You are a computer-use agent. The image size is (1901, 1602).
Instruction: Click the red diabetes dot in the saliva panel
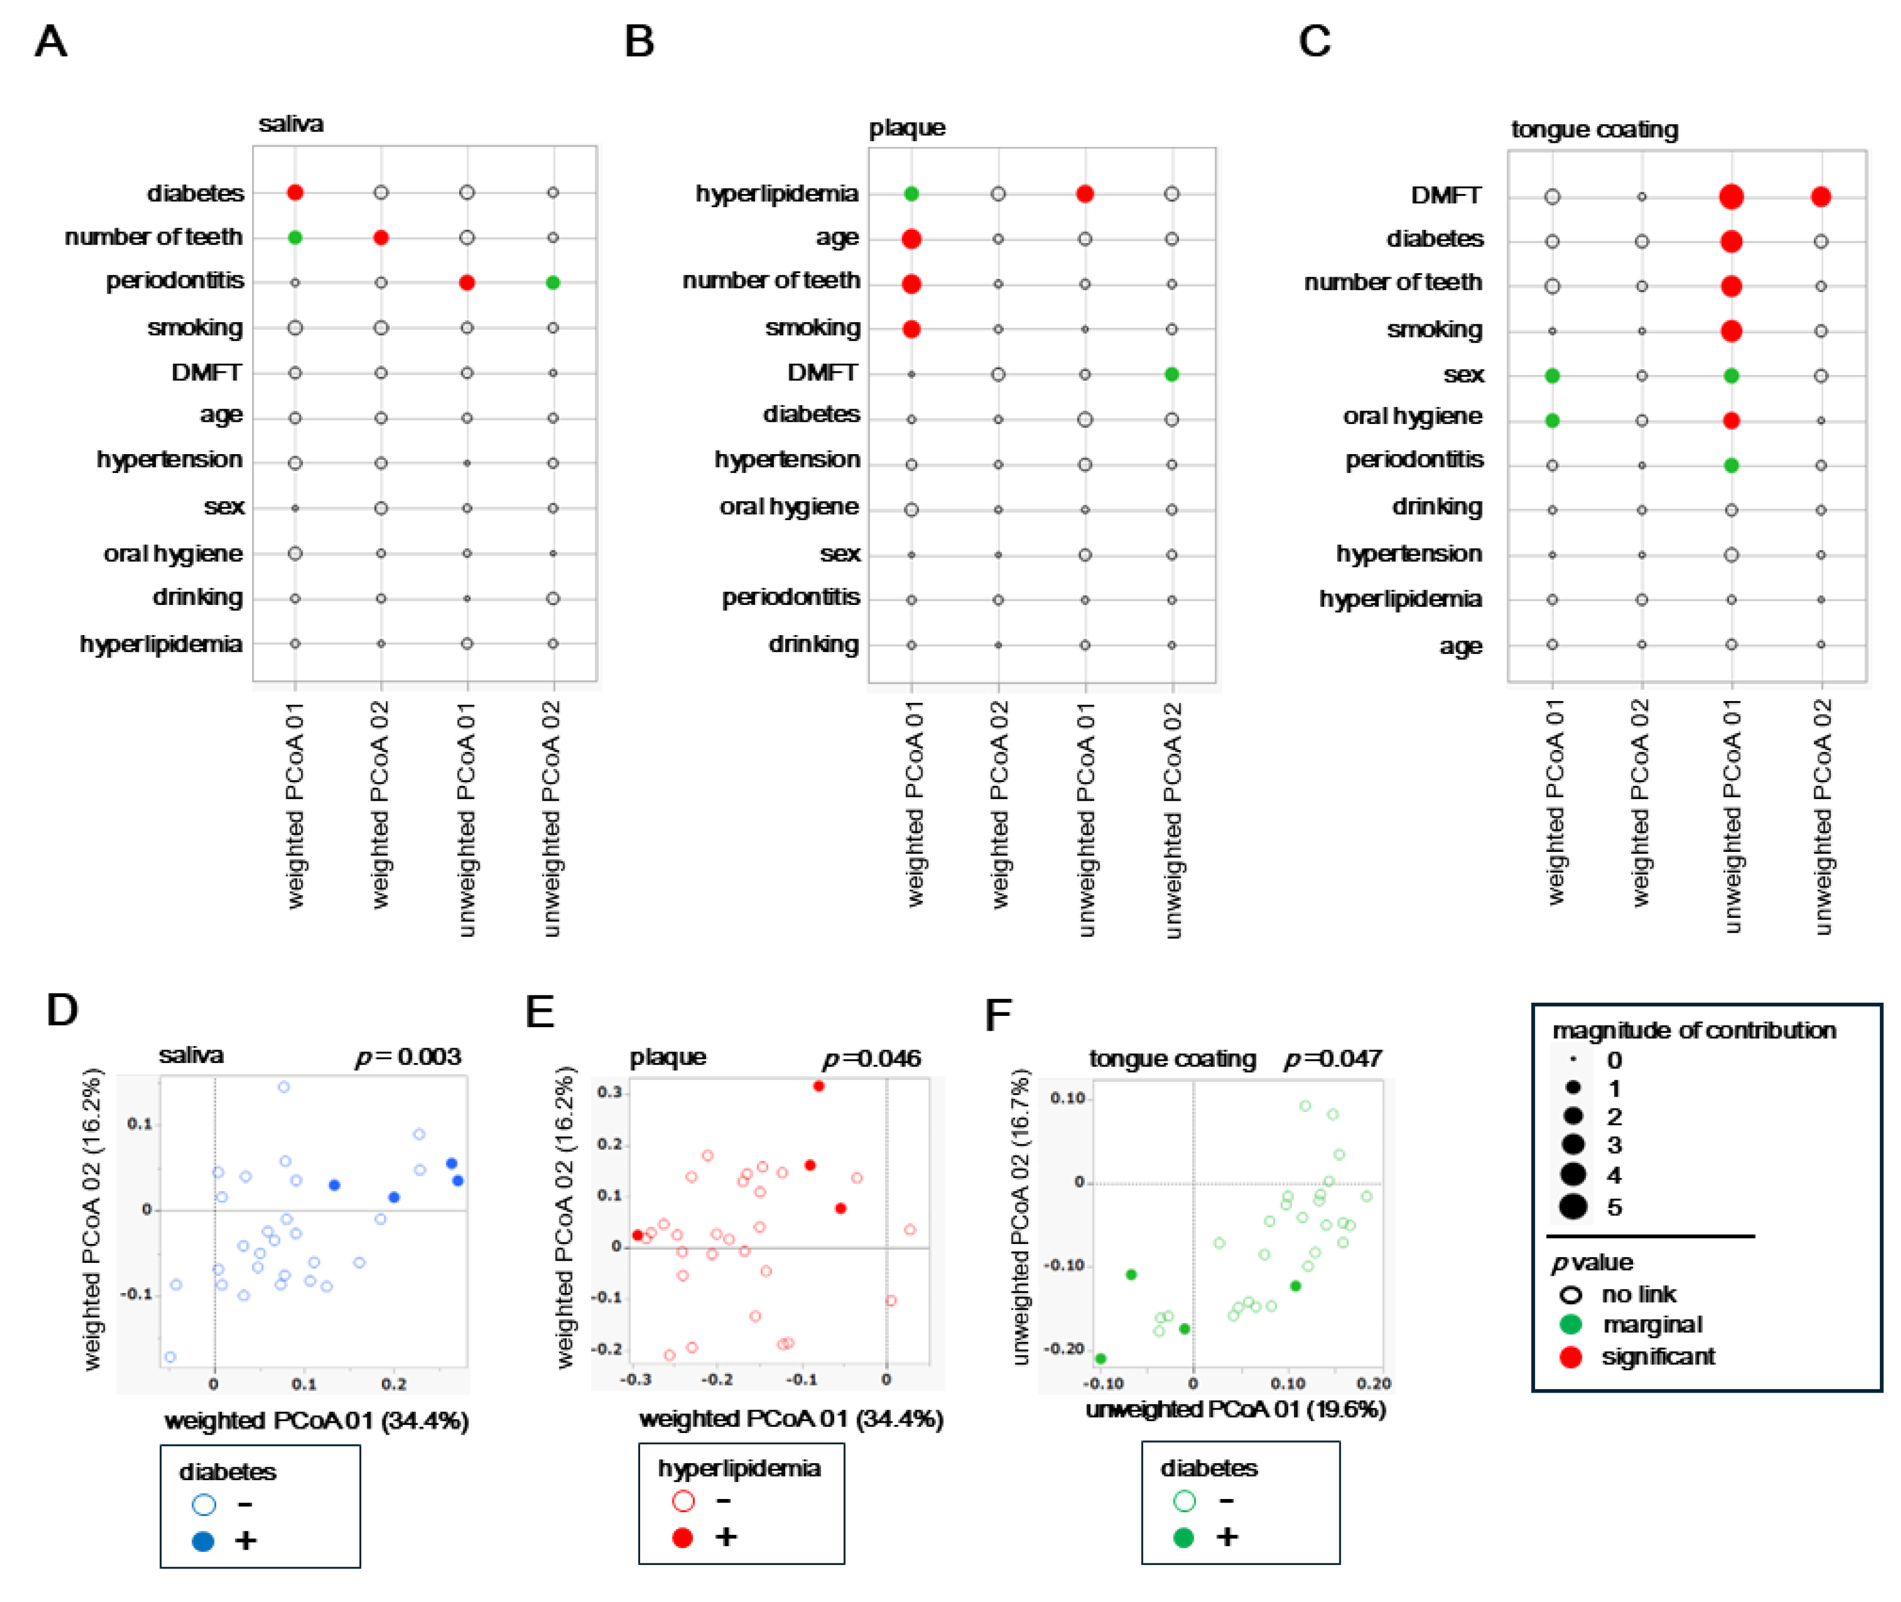(295, 192)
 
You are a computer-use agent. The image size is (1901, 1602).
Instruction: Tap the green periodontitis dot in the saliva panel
(553, 282)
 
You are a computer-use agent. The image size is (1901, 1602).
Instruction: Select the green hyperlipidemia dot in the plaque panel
(912, 193)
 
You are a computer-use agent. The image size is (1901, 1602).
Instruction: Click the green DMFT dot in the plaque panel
(1172, 374)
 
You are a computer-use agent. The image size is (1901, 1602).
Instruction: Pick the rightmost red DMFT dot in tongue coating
(1821, 196)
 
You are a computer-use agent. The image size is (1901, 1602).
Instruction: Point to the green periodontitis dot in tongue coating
(1731, 465)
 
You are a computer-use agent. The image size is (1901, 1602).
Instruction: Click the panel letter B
(639, 42)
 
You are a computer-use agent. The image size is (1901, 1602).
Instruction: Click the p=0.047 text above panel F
(1332, 1059)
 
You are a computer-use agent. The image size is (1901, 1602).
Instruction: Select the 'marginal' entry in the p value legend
(1651, 1325)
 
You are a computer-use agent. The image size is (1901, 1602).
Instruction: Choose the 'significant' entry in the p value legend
(1657, 1357)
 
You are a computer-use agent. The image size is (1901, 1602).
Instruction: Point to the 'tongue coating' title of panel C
(1594, 130)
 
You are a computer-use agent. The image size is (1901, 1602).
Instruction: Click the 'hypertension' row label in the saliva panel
(170, 459)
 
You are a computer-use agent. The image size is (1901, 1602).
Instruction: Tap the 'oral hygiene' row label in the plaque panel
(789, 506)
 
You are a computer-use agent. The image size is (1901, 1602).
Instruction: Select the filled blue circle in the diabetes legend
(203, 1541)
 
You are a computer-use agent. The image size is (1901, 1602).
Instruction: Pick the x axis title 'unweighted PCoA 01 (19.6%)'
(1235, 1410)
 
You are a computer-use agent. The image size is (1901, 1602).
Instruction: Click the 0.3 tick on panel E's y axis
(609, 1092)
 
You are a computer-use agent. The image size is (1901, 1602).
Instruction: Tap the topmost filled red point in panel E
(819, 1086)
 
